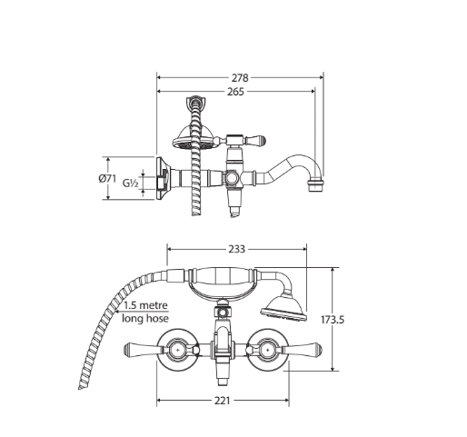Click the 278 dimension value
click(240, 78)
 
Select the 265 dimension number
click(235, 92)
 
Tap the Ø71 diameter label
click(107, 179)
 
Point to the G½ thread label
click(131, 184)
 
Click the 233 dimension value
click(236, 249)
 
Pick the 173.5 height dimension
click(333, 320)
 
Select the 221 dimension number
click(223, 401)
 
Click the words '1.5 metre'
click(145, 305)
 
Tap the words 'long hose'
click(145, 318)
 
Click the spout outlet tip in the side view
click(315, 185)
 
